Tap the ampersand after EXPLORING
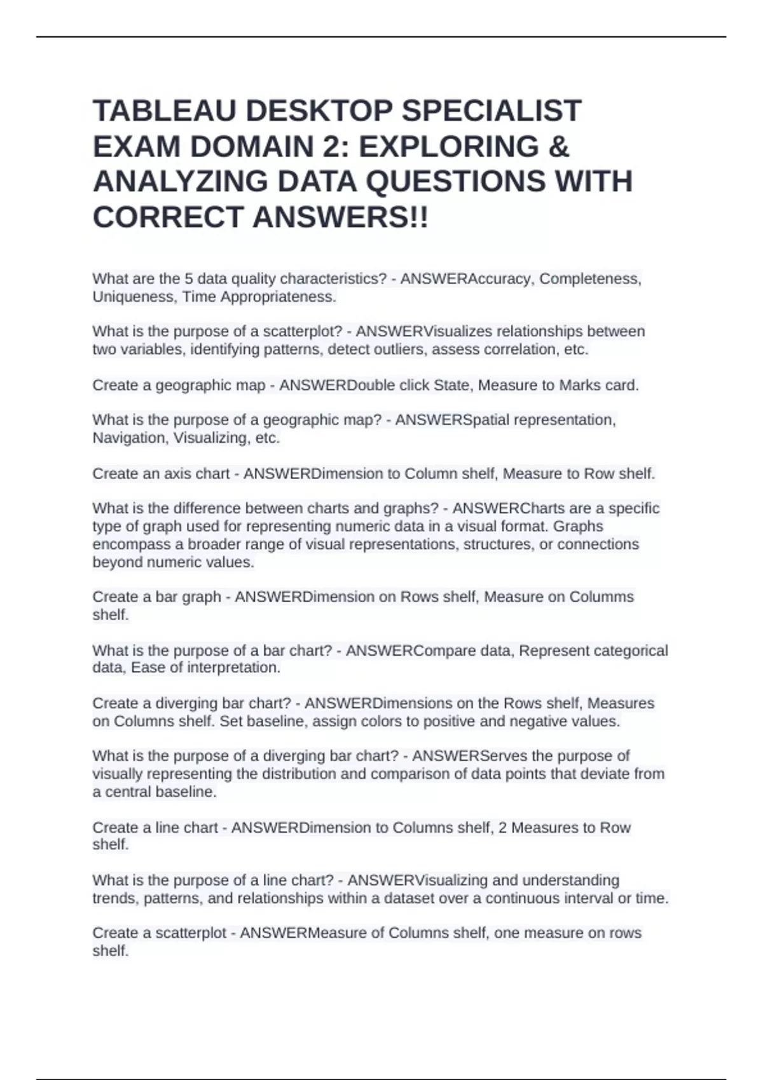[x=558, y=147]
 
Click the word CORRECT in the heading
[x=168, y=217]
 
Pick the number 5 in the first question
[x=188, y=279]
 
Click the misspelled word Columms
[x=601, y=597]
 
